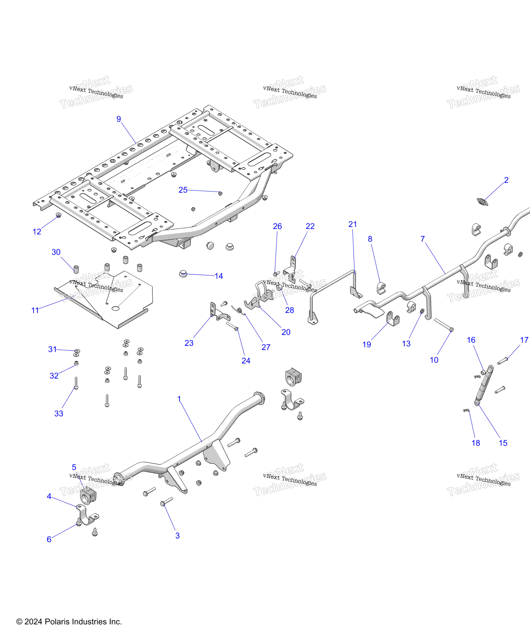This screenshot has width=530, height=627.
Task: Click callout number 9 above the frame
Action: [119, 119]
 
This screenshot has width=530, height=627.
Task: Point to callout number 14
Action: [219, 276]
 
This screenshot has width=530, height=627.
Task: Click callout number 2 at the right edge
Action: [506, 180]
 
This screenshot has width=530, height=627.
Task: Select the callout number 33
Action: [59, 414]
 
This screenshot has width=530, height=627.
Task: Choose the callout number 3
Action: [177, 536]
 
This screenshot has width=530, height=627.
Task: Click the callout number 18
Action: [476, 443]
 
